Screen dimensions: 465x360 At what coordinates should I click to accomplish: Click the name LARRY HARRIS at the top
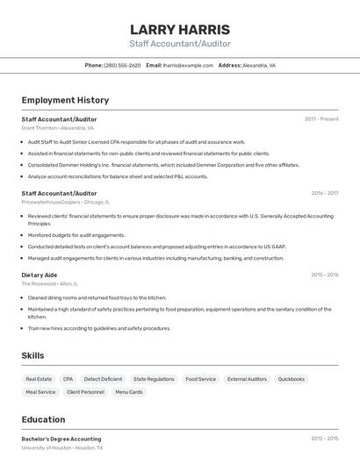pyautogui.click(x=180, y=30)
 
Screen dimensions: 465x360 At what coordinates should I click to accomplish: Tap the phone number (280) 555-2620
pyautogui.click(x=122, y=66)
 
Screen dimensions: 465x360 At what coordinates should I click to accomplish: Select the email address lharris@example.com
pyautogui.click(x=188, y=66)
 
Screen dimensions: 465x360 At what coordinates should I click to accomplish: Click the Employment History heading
pyautogui.click(x=65, y=100)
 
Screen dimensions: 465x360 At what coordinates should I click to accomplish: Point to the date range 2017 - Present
pyautogui.click(x=321, y=119)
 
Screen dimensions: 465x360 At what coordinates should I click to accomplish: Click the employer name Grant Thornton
pyautogui.click(x=39, y=128)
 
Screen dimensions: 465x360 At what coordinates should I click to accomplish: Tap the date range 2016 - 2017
pyautogui.click(x=324, y=193)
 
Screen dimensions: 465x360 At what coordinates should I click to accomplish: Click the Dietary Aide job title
pyautogui.click(x=40, y=275)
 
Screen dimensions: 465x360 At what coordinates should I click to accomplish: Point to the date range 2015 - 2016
pyautogui.click(x=324, y=275)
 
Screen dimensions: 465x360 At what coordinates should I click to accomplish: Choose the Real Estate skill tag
pyautogui.click(x=39, y=379)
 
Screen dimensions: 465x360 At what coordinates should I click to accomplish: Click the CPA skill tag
pyautogui.click(x=68, y=379)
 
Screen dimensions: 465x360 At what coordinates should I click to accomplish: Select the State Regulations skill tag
pyautogui.click(x=154, y=379)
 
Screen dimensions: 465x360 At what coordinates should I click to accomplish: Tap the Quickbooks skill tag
pyautogui.click(x=292, y=379)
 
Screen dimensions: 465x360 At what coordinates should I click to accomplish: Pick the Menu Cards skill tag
pyautogui.click(x=129, y=392)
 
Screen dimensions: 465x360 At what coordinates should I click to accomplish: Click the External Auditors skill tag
pyautogui.click(x=247, y=379)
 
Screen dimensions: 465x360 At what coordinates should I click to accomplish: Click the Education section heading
pyautogui.click(x=43, y=419)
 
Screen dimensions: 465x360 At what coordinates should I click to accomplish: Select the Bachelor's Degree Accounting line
pyautogui.click(x=61, y=439)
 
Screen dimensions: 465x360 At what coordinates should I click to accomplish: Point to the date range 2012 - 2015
pyautogui.click(x=324, y=439)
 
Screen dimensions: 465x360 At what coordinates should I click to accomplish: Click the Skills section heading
pyautogui.click(x=32, y=355)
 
